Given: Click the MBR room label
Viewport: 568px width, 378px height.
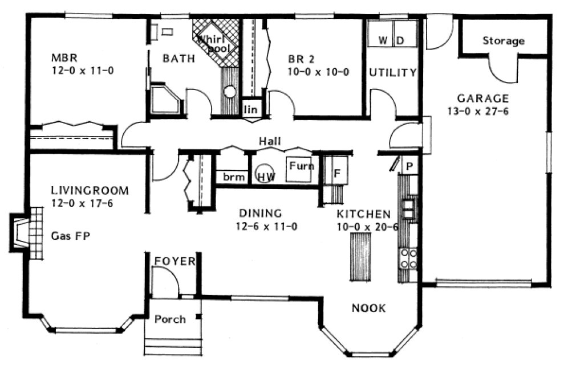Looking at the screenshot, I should click(x=60, y=57).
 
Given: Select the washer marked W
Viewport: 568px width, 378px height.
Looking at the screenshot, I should click(x=383, y=40).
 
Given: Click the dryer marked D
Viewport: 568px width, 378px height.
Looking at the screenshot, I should click(x=400, y=40).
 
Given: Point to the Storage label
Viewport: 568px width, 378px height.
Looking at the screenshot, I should click(x=503, y=41).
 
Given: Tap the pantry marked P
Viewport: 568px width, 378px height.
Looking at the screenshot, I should click(x=409, y=166).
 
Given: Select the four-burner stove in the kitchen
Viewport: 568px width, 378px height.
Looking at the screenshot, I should click(x=408, y=258).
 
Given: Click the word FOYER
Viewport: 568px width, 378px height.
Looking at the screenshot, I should click(x=175, y=261).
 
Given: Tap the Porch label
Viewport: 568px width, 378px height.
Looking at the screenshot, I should click(x=170, y=319).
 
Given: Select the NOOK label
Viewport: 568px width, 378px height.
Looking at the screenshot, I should click(x=368, y=308).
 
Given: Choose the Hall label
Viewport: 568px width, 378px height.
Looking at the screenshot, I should click(x=269, y=141).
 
